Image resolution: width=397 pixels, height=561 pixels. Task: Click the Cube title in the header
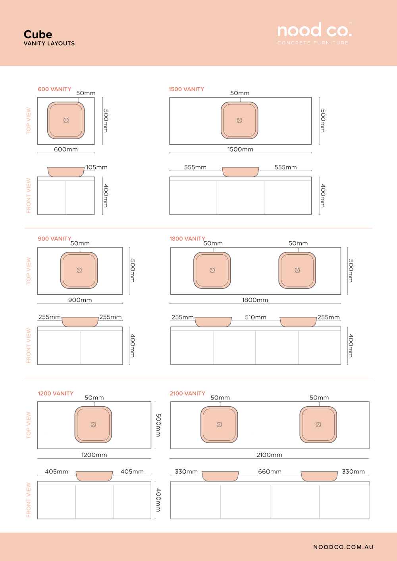(x=38, y=34)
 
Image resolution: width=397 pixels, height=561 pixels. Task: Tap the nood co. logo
(x=314, y=33)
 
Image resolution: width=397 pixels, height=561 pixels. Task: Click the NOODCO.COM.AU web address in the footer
(x=343, y=547)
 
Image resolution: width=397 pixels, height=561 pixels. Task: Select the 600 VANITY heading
(x=54, y=89)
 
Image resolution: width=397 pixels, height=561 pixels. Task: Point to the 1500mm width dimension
(x=240, y=149)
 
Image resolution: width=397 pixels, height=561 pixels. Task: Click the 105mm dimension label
(x=96, y=167)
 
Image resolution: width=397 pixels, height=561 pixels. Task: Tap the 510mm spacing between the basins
(x=255, y=317)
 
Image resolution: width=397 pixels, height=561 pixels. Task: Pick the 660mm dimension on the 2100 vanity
(x=270, y=472)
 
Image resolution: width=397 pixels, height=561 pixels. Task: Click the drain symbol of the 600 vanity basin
(x=66, y=121)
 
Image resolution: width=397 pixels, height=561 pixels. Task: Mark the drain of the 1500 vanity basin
(x=239, y=121)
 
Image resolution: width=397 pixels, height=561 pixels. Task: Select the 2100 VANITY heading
(x=187, y=394)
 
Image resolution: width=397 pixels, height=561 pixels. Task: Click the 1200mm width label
(x=94, y=455)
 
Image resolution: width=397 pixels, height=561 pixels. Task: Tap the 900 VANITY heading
(x=54, y=239)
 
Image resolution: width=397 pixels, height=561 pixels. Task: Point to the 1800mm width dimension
(x=255, y=300)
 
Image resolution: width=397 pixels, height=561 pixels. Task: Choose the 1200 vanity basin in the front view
(x=94, y=476)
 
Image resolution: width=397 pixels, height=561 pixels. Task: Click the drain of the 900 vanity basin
(x=79, y=270)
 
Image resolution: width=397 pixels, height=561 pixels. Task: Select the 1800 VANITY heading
(x=187, y=239)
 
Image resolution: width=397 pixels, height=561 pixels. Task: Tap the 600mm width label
(x=66, y=149)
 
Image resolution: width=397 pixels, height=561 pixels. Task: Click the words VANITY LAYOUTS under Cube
(x=49, y=43)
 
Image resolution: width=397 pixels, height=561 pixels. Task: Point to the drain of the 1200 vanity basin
(x=93, y=425)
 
